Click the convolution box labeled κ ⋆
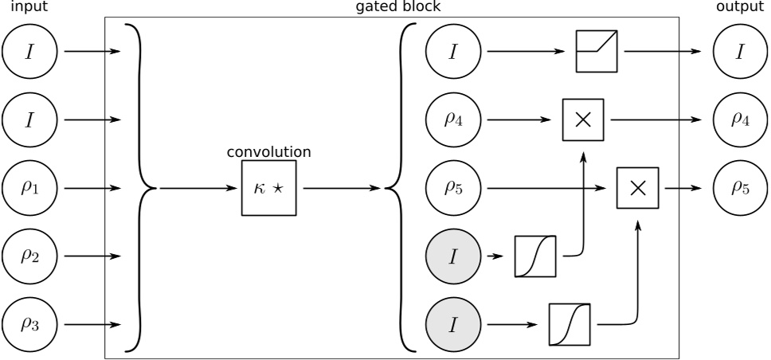pos(268,189)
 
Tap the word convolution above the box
pos(269,151)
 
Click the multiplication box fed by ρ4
pos(582,121)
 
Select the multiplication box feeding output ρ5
pos(637,189)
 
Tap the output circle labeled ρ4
pos(740,121)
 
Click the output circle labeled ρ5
pos(740,189)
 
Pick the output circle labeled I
pos(740,53)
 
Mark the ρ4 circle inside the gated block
pos(453,121)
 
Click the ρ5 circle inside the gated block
pos(453,189)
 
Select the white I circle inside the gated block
pos(453,53)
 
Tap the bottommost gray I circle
pos(453,324)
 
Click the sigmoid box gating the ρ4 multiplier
pos(535,256)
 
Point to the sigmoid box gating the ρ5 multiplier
pos(569,324)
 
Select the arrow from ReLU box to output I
pos(661,53)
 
